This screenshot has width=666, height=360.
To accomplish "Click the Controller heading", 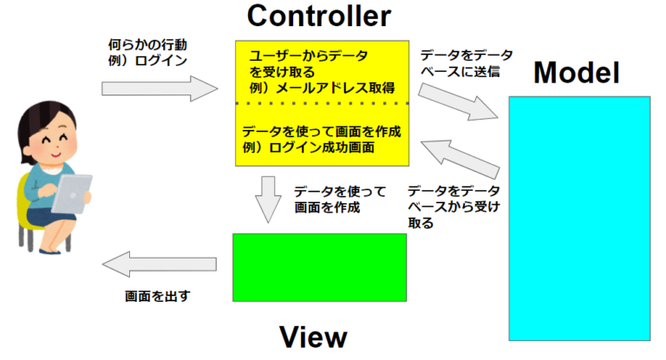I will point(319,16).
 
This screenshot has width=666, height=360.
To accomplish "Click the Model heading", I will point(576,74).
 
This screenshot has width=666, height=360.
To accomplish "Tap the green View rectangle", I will point(319,267).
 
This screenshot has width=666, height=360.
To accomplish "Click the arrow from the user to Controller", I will point(159,88).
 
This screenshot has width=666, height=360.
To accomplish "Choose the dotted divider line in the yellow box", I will point(322,104).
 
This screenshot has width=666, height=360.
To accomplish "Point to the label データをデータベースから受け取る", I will point(449,206).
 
